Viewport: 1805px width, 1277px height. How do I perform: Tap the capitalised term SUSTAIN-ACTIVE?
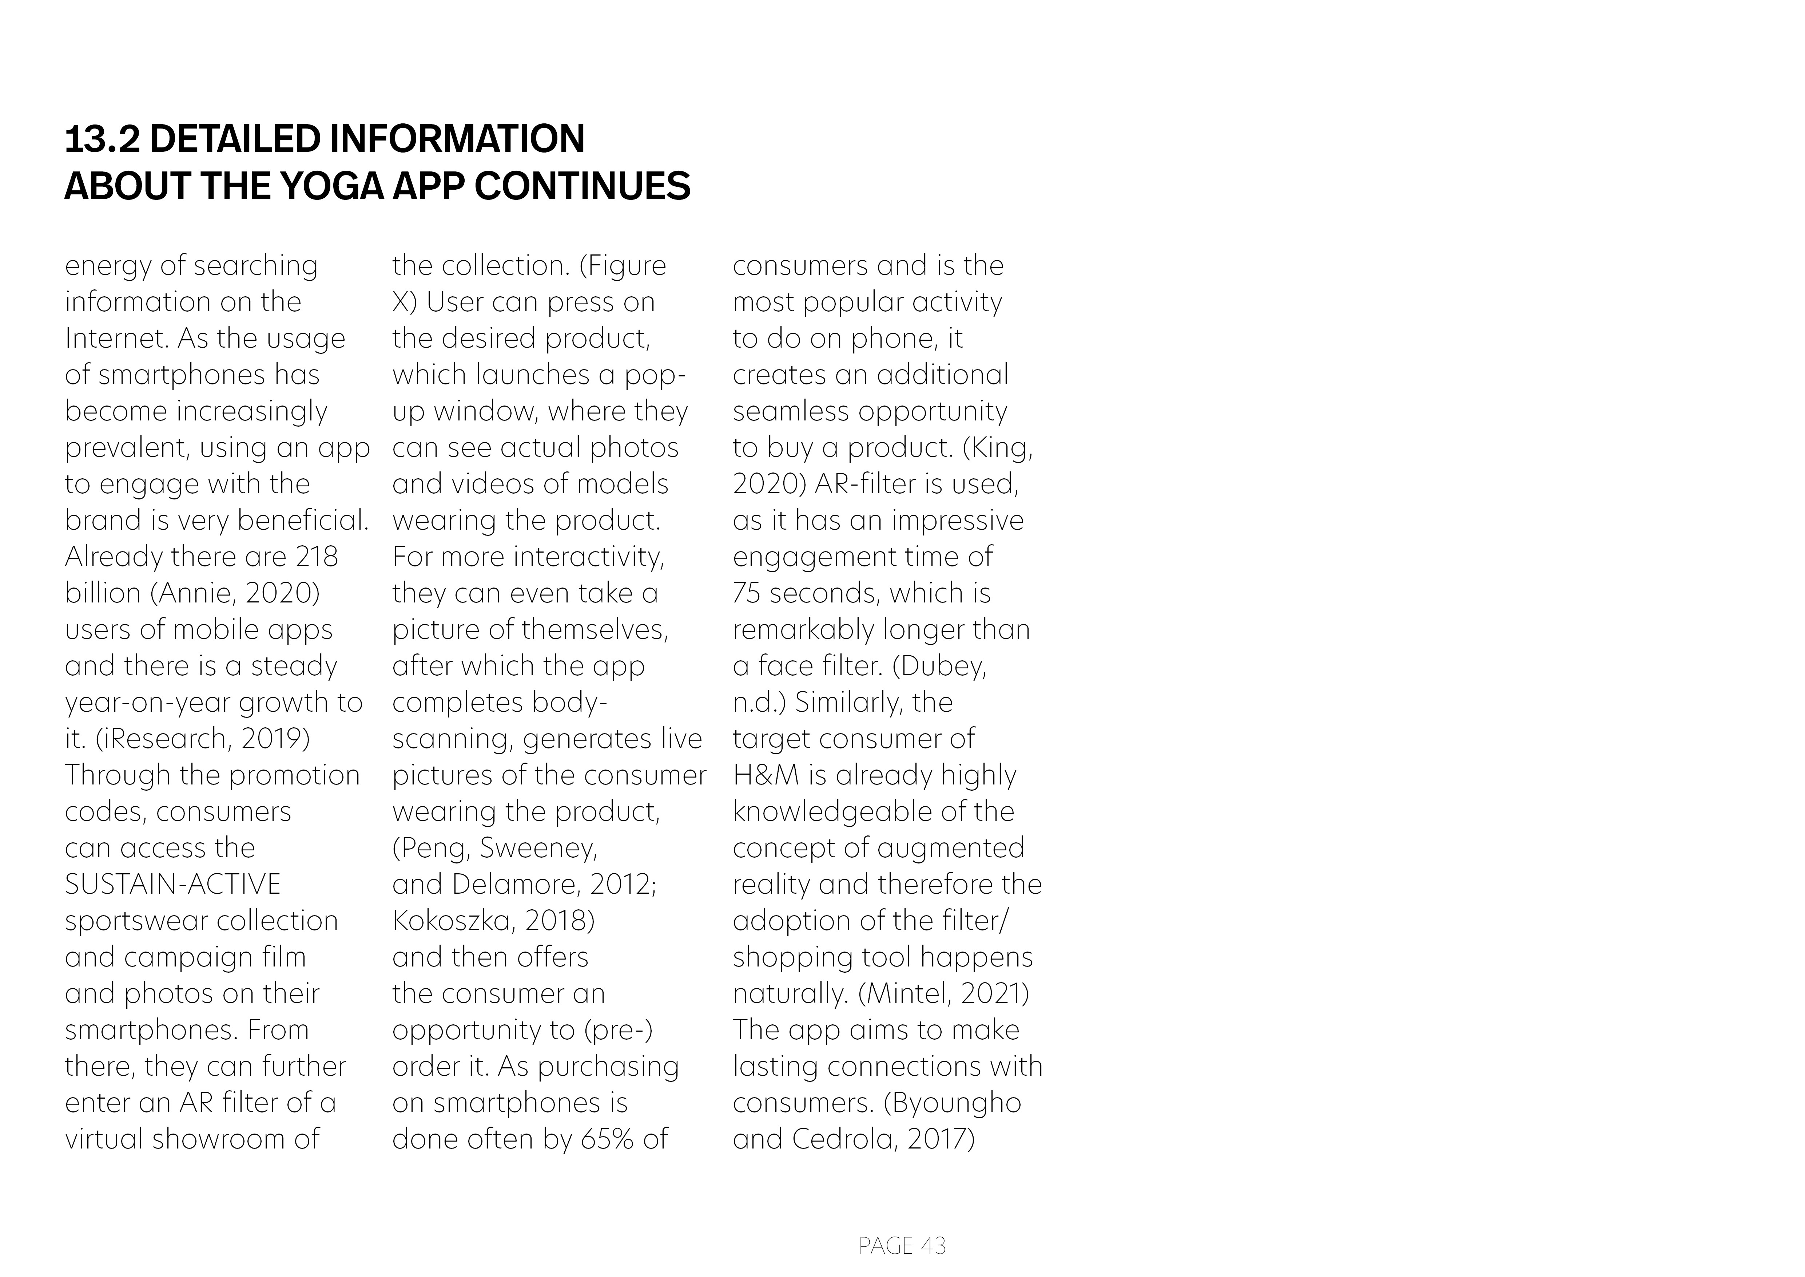coord(172,884)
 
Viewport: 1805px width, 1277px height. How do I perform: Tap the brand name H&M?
coord(765,775)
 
